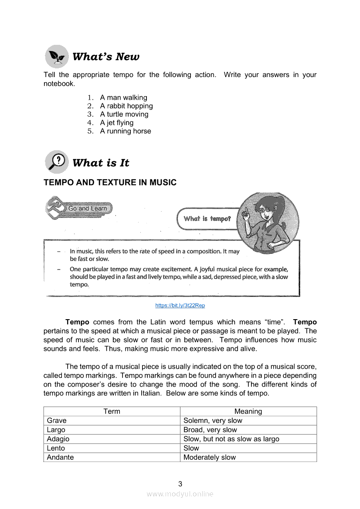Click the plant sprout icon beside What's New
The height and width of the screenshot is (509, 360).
pos(57,57)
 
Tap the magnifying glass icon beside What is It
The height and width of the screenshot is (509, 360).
pos(57,162)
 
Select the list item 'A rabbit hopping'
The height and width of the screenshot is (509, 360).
pos(126,106)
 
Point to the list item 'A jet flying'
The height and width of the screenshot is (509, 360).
pos(116,123)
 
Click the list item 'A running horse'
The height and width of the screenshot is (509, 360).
pos(125,131)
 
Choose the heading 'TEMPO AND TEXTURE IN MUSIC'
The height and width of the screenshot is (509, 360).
pos(110,182)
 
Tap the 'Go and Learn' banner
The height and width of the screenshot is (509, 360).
pos(87,209)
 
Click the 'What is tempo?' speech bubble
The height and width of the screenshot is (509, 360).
pos(207,219)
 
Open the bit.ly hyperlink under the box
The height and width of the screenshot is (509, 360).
pos(180,306)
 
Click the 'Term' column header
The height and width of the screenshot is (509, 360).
pos(112,411)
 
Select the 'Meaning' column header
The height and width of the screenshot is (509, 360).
pos(248,411)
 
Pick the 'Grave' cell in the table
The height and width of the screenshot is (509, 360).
pos(57,421)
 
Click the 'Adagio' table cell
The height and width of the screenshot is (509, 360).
pos(58,439)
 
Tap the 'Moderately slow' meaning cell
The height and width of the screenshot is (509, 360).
pos(210,457)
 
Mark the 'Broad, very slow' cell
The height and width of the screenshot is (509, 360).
pos(210,430)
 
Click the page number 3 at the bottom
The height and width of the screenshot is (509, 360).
pos(180,484)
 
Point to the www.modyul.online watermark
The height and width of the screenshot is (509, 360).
pos(180,494)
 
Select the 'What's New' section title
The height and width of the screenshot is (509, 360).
pos(106,57)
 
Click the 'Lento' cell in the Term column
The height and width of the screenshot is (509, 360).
pos(56,448)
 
